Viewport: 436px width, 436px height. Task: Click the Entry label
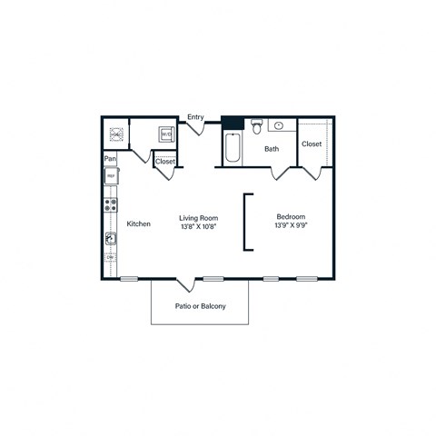tap(195, 116)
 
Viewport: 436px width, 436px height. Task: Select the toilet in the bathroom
tap(257, 125)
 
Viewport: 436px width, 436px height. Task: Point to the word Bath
tap(271, 149)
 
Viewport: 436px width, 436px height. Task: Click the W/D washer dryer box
tap(166, 134)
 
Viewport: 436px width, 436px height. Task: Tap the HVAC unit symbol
tap(117, 134)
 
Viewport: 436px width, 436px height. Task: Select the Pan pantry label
tap(110, 159)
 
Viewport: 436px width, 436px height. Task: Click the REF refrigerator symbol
tap(111, 178)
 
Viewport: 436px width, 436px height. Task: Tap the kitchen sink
tap(111, 239)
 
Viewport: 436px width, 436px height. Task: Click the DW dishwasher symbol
tap(111, 258)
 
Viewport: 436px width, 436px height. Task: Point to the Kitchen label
tap(138, 223)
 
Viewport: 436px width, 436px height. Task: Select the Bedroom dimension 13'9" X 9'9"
tap(291, 227)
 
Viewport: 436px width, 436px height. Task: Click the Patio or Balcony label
tap(200, 306)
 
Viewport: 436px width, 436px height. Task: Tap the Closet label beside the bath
tap(312, 144)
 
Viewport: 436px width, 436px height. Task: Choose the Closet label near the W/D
tap(165, 162)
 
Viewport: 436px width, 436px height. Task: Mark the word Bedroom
tap(291, 217)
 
